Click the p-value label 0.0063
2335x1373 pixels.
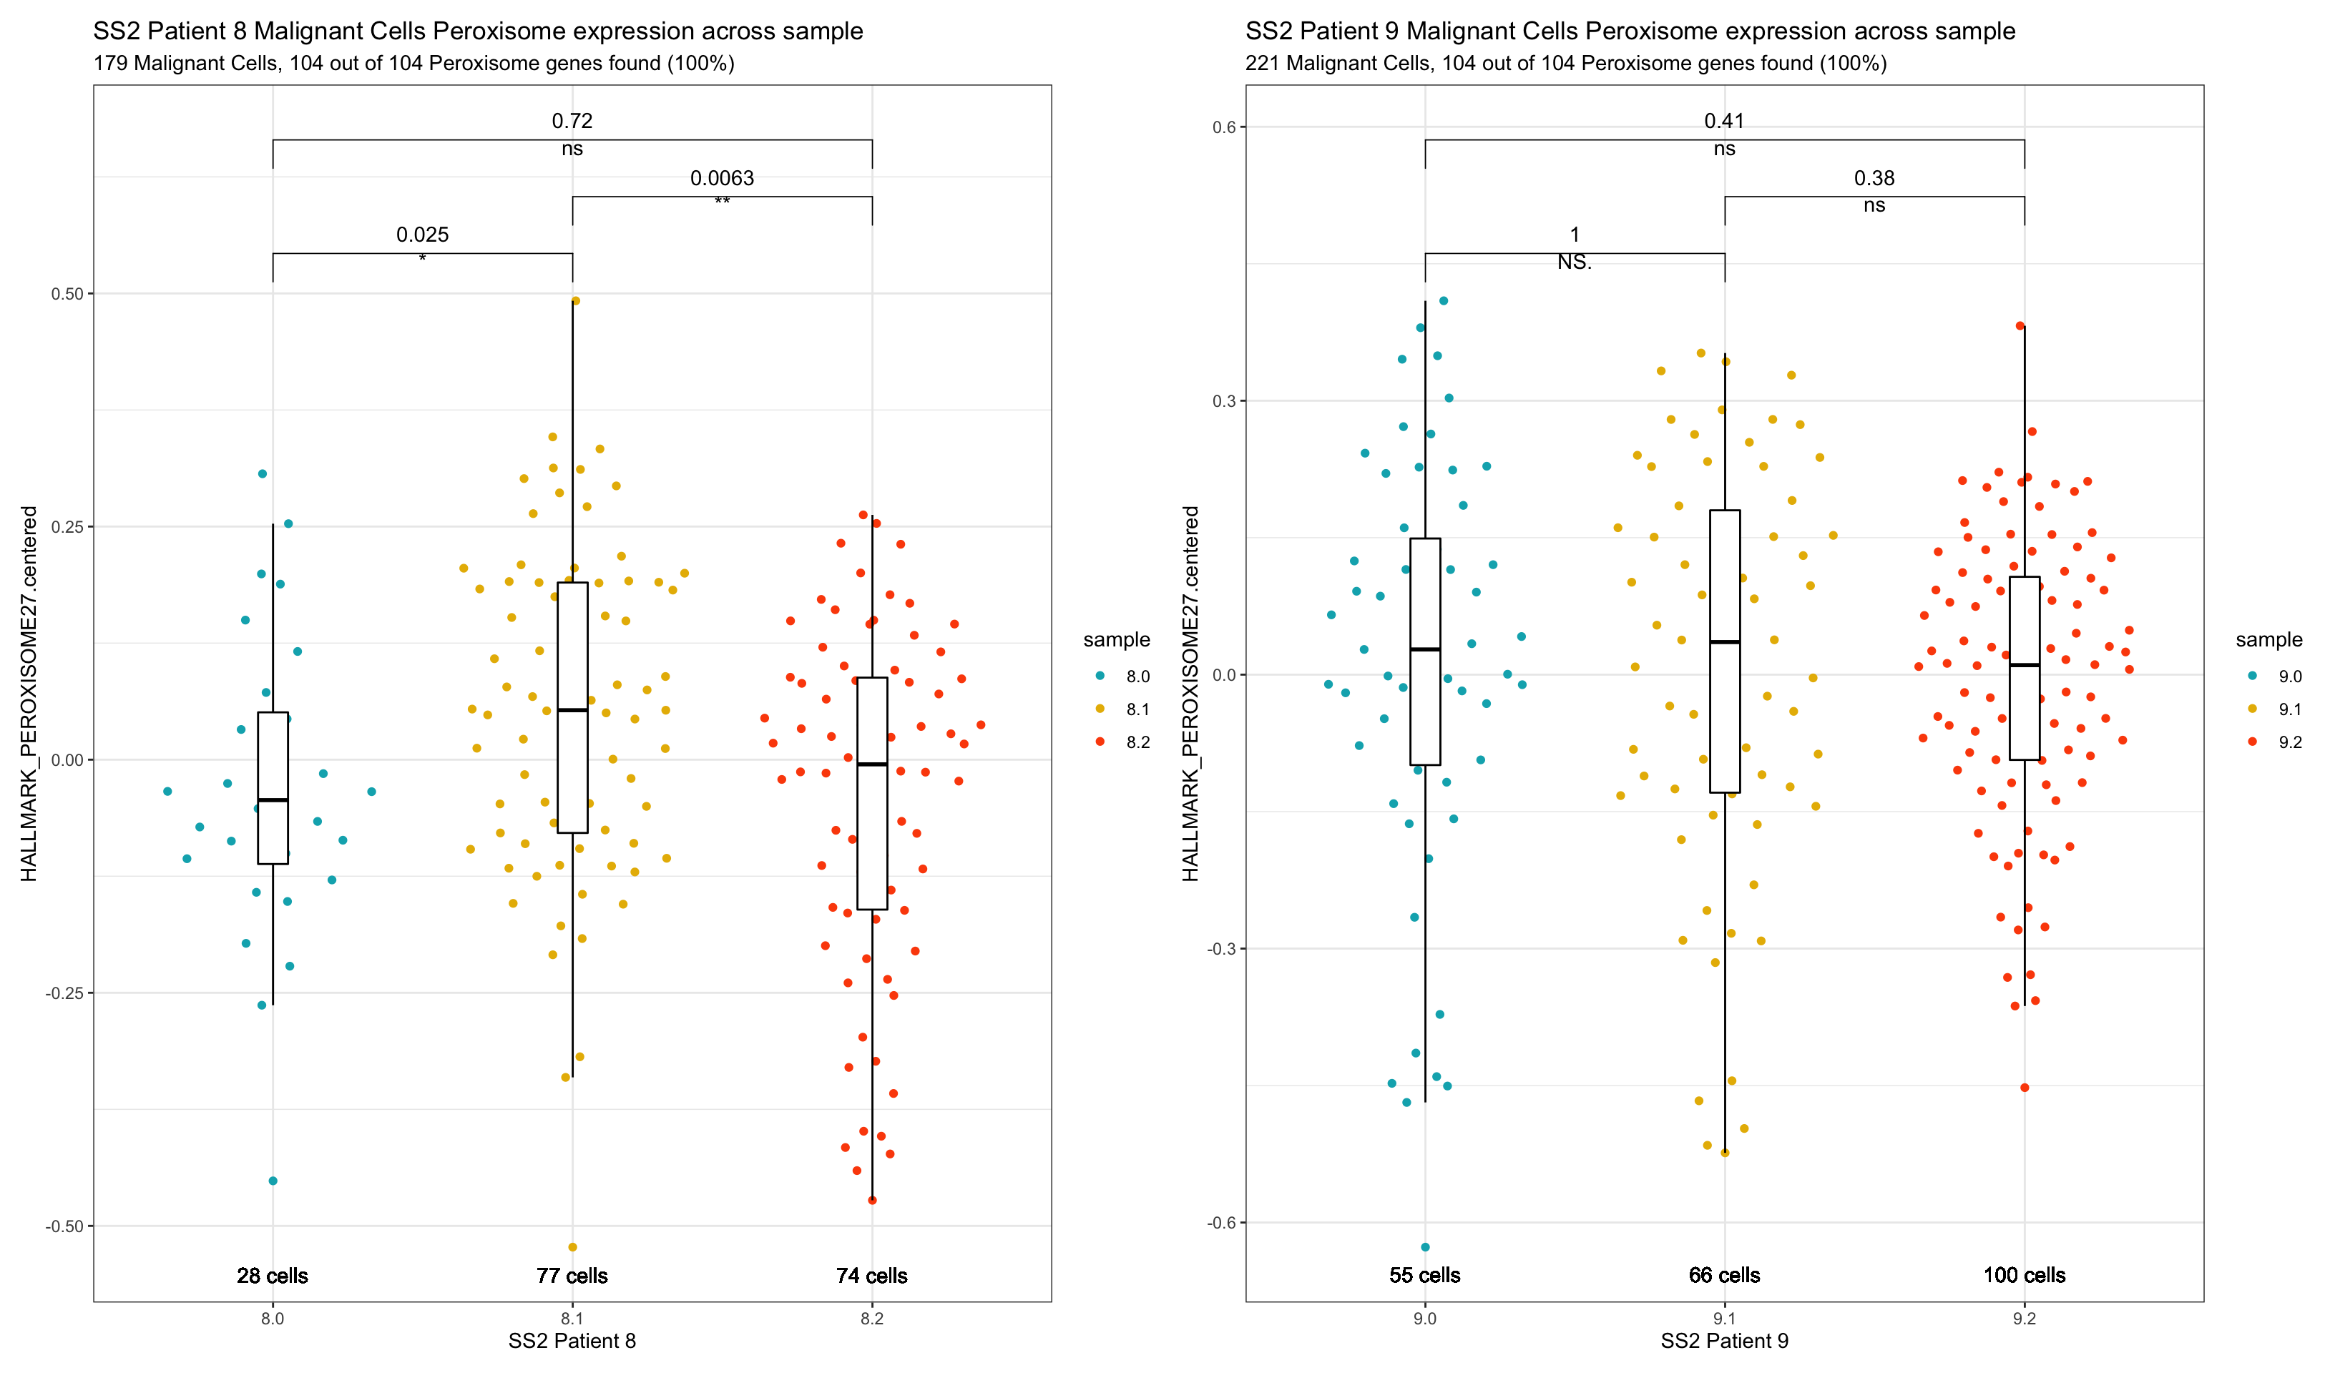(722, 178)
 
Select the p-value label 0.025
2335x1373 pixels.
(423, 235)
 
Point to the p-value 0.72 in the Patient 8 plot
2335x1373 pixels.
(572, 120)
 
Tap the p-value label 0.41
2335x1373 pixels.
(1723, 120)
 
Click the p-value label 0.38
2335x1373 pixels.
(1874, 178)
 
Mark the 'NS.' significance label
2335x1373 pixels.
(1575, 262)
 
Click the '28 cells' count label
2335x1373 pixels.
(273, 1276)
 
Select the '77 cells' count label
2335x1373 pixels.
(572, 1276)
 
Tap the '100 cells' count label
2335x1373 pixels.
(2024, 1276)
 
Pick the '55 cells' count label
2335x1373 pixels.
(1424, 1276)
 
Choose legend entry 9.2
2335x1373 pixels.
(2290, 742)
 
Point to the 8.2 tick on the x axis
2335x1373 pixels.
(872, 1319)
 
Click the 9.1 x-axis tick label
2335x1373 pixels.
(1724, 1319)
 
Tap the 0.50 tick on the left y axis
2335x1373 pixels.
(67, 294)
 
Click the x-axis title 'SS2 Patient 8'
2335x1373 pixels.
(572, 1342)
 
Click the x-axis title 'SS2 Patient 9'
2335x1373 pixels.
(1724, 1342)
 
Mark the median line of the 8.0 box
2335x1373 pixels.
(273, 799)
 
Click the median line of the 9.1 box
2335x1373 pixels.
(1724, 642)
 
